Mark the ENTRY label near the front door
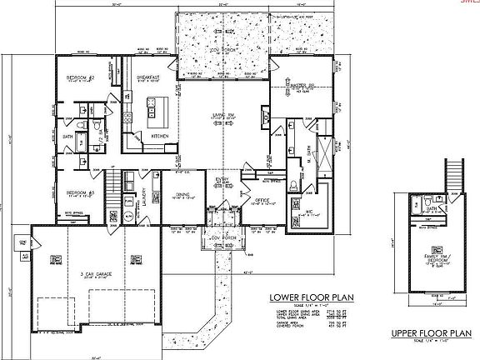(223, 179)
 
